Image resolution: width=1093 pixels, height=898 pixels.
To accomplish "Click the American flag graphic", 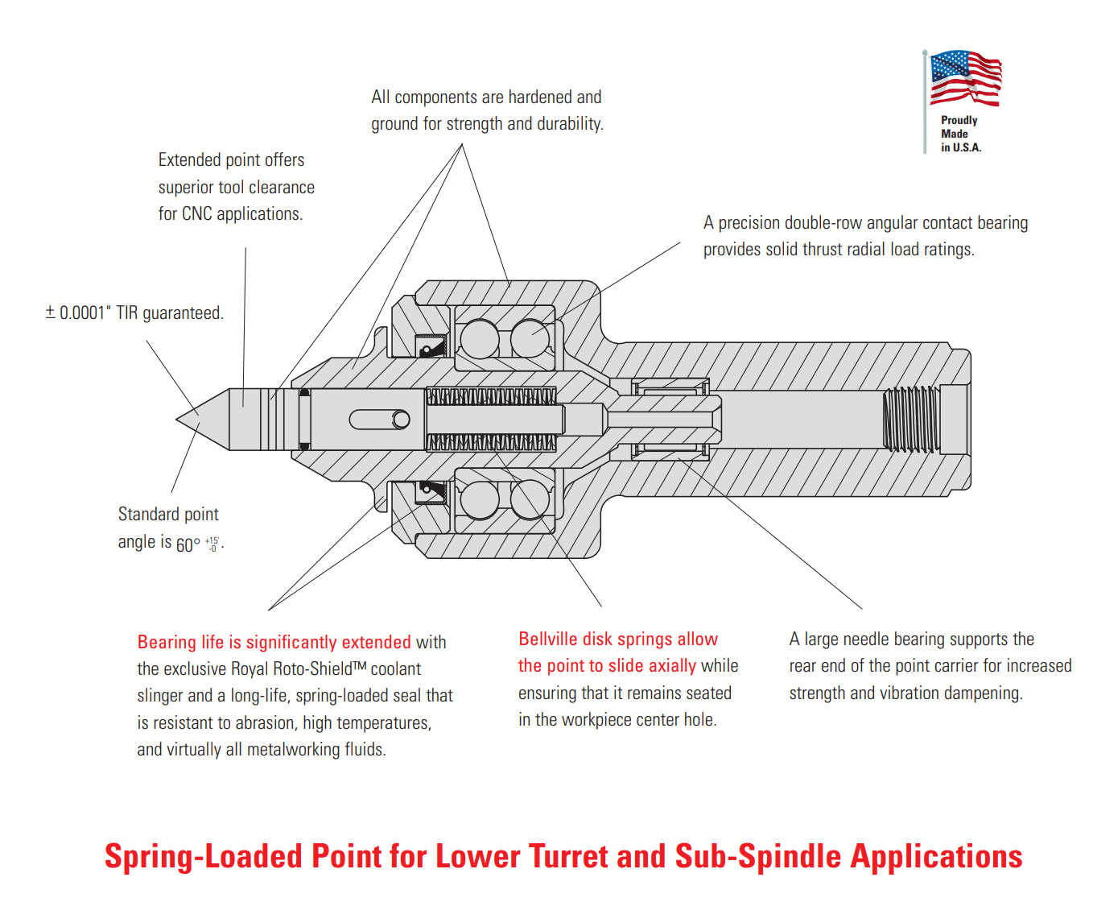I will point(965,78).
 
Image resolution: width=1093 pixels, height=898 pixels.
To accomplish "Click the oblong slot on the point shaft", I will point(379,420).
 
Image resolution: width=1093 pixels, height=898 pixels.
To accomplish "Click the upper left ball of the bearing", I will point(480,339).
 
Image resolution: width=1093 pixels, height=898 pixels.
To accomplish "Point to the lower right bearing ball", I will point(530,499).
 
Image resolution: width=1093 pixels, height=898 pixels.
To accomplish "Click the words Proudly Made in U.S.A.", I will point(960,134).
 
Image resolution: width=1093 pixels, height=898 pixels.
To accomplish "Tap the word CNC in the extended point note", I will point(197,214).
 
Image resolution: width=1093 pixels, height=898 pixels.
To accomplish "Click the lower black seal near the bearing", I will point(431,491).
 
